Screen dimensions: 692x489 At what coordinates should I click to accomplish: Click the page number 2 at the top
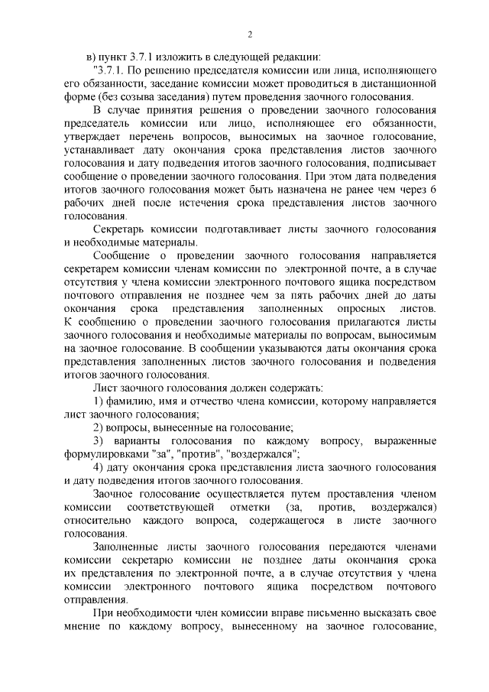(x=249, y=34)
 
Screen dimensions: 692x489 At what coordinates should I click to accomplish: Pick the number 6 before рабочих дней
(x=433, y=190)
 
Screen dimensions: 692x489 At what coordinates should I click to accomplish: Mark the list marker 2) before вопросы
(x=98, y=430)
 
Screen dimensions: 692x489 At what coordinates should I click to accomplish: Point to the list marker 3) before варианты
(x=99, y=443)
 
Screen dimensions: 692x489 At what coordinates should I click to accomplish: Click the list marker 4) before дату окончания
(x=98, y=469)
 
